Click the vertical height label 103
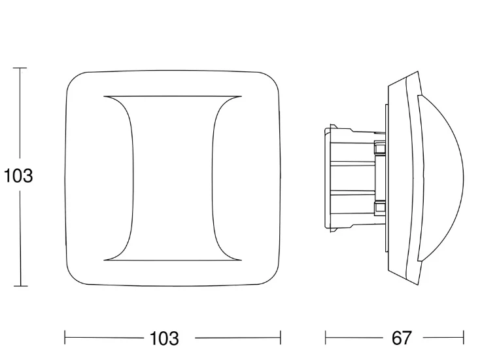18,176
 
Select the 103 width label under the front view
164,338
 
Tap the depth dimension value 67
402,338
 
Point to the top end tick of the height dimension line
20,67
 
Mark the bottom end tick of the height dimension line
20,286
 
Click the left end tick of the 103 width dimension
65,338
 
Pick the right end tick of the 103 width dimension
281,338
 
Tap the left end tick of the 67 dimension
326,338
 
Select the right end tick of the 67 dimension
464,338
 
